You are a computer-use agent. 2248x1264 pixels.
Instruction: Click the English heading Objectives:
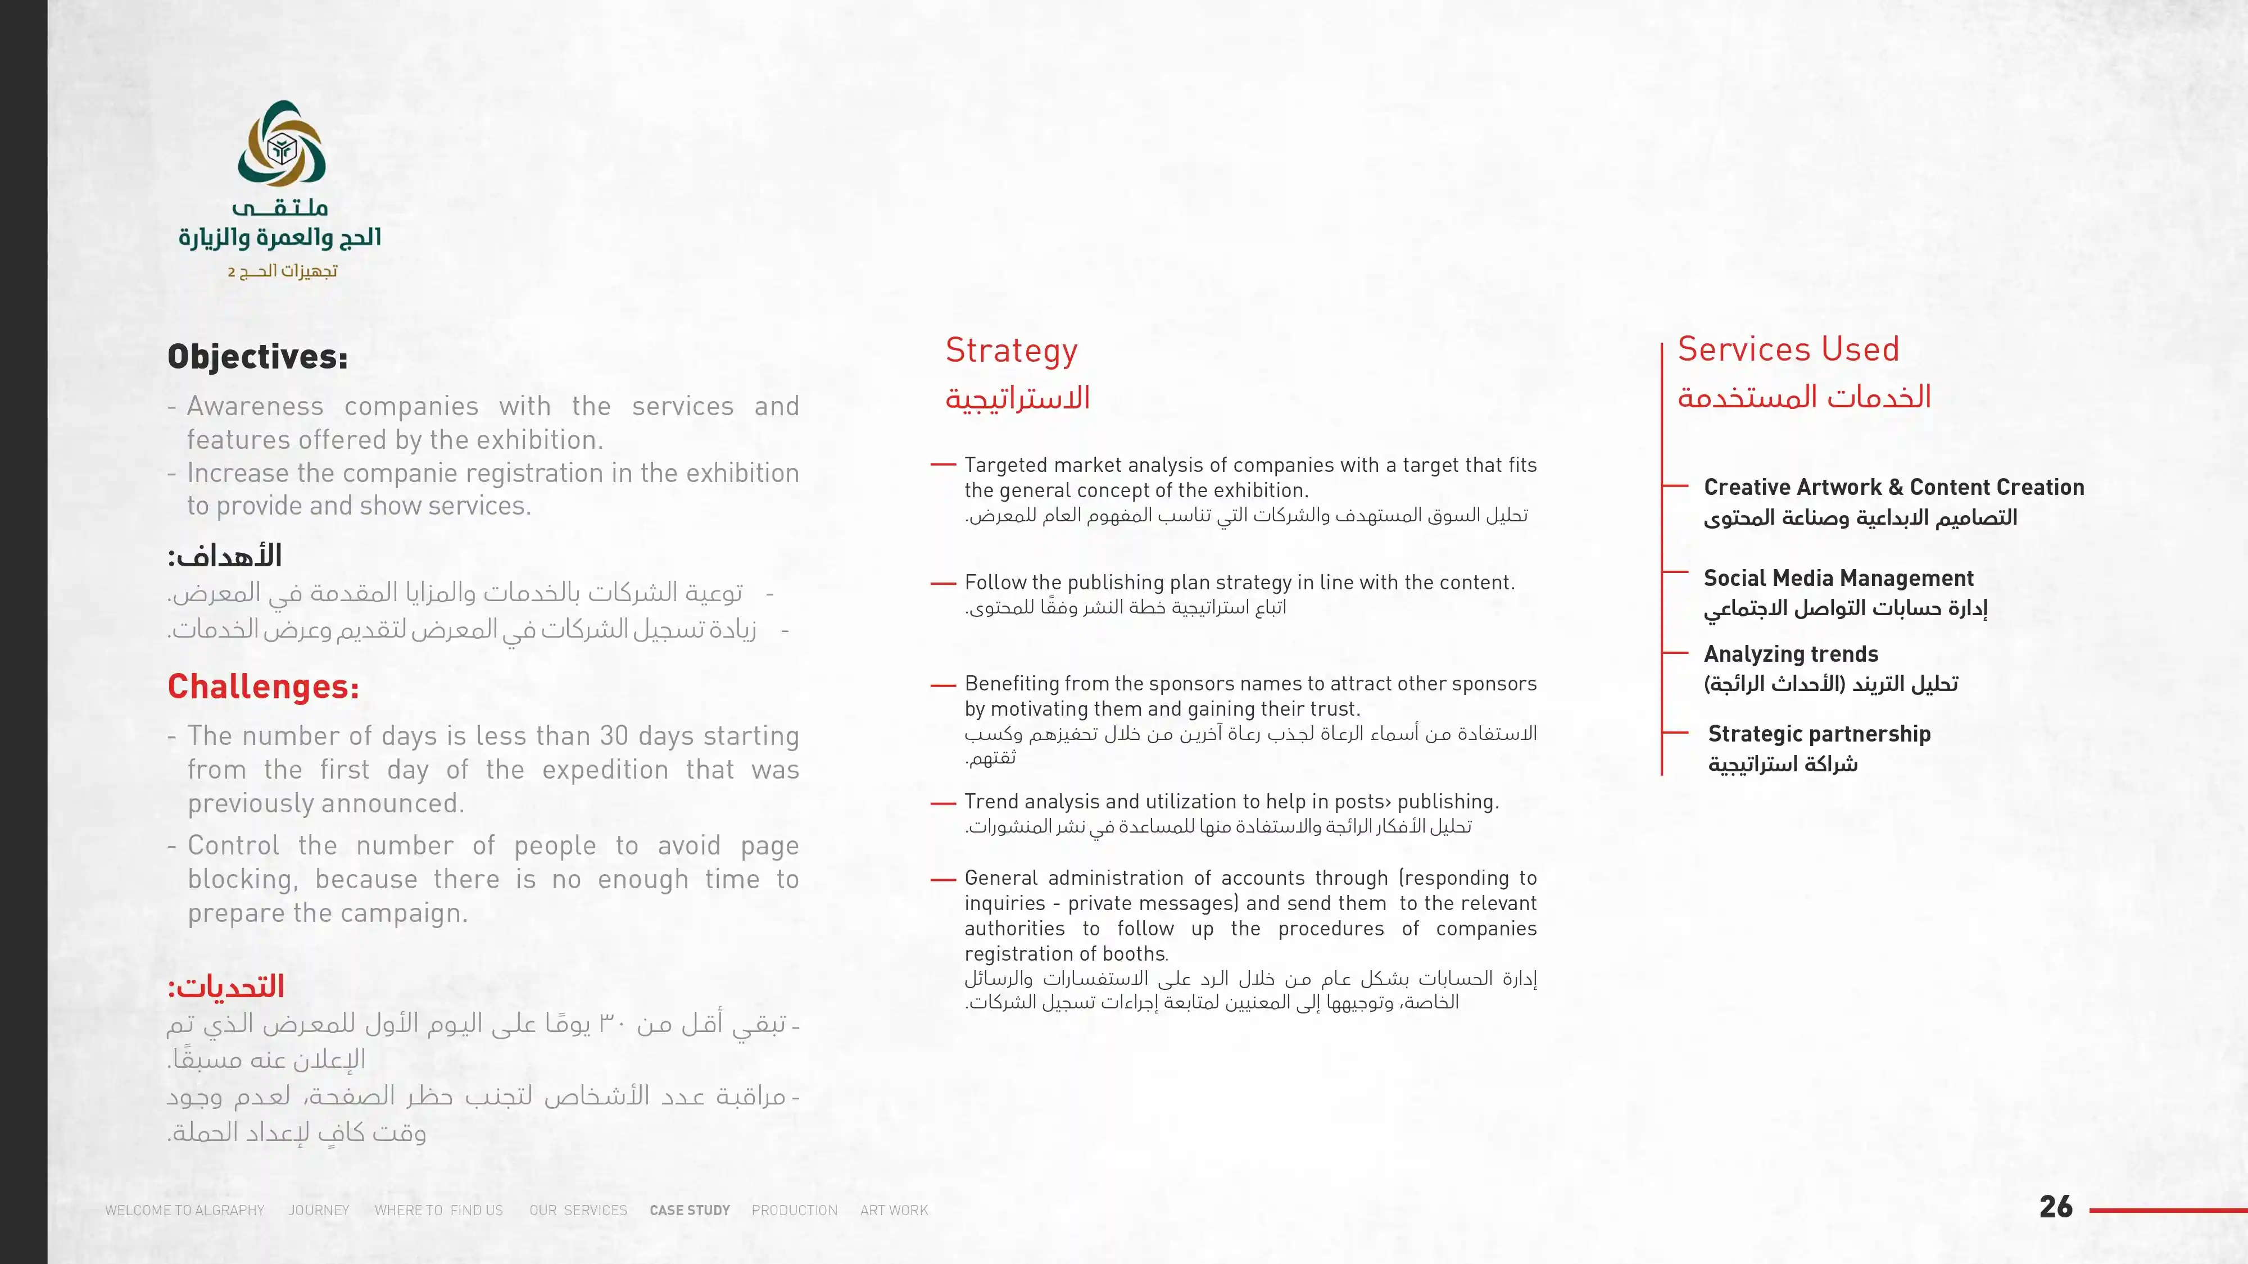257,357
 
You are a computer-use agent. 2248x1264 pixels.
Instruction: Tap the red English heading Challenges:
262,686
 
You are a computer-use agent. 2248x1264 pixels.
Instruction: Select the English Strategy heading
1012,351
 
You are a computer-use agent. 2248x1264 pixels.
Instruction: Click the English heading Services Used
1788,349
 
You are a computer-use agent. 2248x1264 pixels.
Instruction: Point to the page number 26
2055,1207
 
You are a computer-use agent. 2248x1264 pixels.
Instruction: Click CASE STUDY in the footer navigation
690,1210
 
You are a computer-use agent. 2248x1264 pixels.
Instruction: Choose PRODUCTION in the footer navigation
794,1210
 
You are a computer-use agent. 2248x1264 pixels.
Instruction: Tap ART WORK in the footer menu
894,1210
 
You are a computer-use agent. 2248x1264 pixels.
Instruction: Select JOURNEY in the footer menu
319,1210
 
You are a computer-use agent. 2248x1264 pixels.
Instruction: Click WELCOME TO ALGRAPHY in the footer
184,1210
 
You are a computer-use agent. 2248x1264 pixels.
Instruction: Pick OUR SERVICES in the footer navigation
578,1210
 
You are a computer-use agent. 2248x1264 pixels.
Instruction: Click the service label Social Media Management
1838,579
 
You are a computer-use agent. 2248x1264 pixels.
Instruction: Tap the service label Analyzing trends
1791,654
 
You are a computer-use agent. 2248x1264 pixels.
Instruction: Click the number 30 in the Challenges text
614,736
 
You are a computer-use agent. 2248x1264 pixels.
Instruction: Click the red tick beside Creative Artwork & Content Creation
1675,486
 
